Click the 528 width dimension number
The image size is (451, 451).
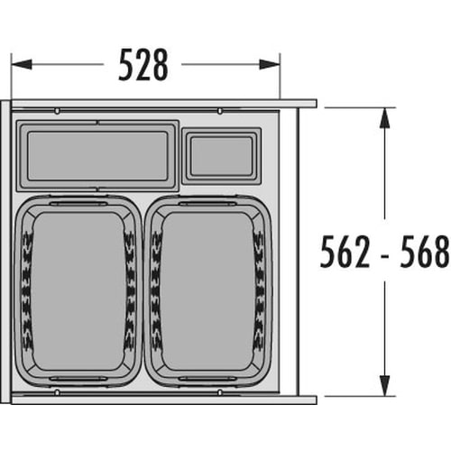pyautogui.click(x=143, y=65)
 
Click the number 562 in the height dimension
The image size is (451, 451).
pyautogui.click(x=345, y=252)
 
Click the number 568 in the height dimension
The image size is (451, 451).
pyautogui.click(x=425, y=252)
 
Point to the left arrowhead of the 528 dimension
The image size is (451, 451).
pyautogui.click(x=22, y=64)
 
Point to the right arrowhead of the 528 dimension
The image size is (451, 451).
pyautogui.click(x=270, y=64)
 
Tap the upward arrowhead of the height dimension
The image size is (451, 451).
pyautogui.click(x=384, y=118)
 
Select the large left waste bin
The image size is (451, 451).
pyautogui.click(x=78, y=291)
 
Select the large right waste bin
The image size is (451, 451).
pyautogui.click(x=208, y=291)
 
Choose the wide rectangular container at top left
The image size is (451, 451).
pyautogui.click(x=97, y=155)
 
